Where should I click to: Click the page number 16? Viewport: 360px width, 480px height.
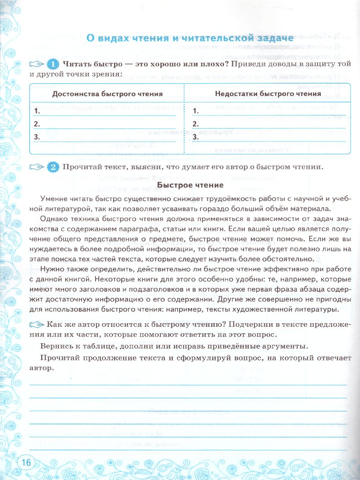pyautogui.click(x=26, y=463)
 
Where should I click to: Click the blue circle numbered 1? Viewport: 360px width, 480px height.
pyautogui.click(x=53, y=64)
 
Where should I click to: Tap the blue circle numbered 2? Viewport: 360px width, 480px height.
pyautogui.click(x=53, y=168)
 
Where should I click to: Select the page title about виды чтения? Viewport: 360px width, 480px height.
pyautogui.click(x=190, y=38)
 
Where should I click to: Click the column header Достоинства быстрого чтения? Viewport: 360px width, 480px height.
pyautogui.click(x=108, y=94)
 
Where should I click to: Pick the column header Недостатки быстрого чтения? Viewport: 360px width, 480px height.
pyautogui.click(x=268, y=94)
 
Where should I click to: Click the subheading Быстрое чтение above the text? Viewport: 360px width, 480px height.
pyautogui.click(x=190, y=185)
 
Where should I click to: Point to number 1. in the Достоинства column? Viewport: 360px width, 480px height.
pyautogui.click(x=36, y=111)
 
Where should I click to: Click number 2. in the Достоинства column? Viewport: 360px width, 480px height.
pyautogui.click(x=36, y=124)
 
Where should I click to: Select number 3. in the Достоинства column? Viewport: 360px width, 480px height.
pyautogui.click(x=36, y=137)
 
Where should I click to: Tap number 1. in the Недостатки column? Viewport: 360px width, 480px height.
pyautogui.click(x=196, y=111)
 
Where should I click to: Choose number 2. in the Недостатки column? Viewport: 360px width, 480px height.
pyautogui.click(x=196, y=124)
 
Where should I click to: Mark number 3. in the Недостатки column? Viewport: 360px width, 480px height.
pyautogui.click(x=196, y=137)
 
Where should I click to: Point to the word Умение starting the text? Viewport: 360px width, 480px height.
pyautogui.click(x=54, y=199)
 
